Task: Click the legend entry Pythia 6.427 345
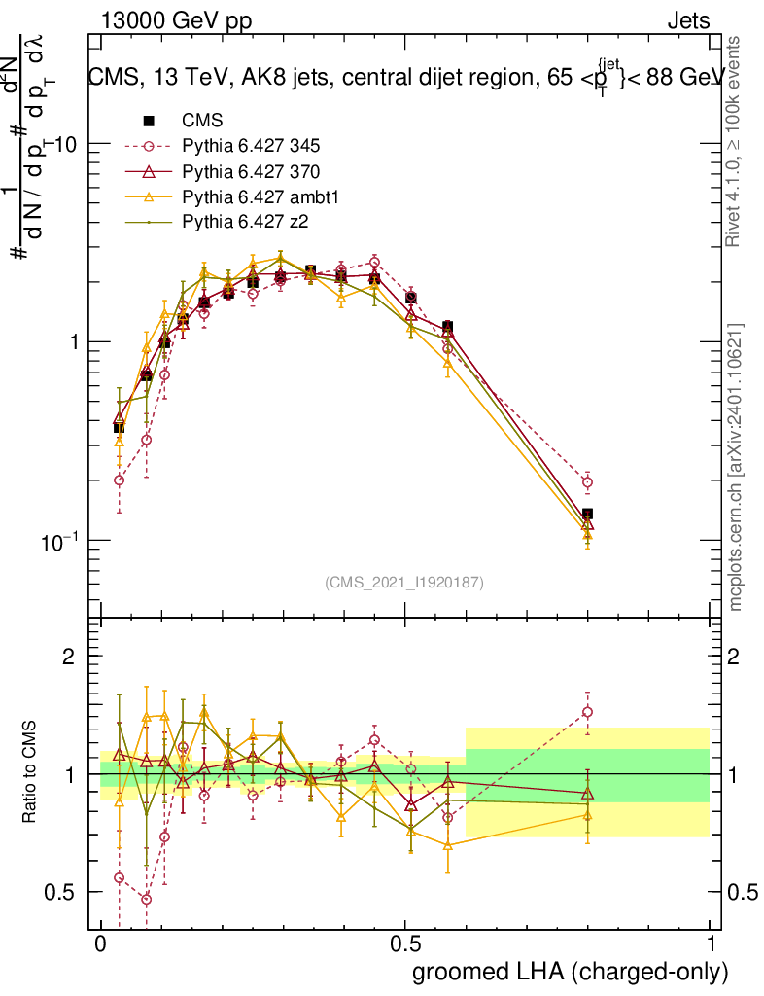click(251, 147)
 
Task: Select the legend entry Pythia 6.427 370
click(251, 172)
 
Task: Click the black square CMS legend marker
click(149, 122)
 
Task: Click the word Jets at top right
click(687, 21)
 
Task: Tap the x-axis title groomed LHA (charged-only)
click(571, 971)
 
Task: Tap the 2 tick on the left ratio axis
click(69, 657)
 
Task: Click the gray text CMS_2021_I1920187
click(404, 582)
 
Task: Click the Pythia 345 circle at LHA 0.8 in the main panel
click(587, 482)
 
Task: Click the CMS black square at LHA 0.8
click(587, 515)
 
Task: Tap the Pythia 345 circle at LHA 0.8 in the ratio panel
click(587, 712)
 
